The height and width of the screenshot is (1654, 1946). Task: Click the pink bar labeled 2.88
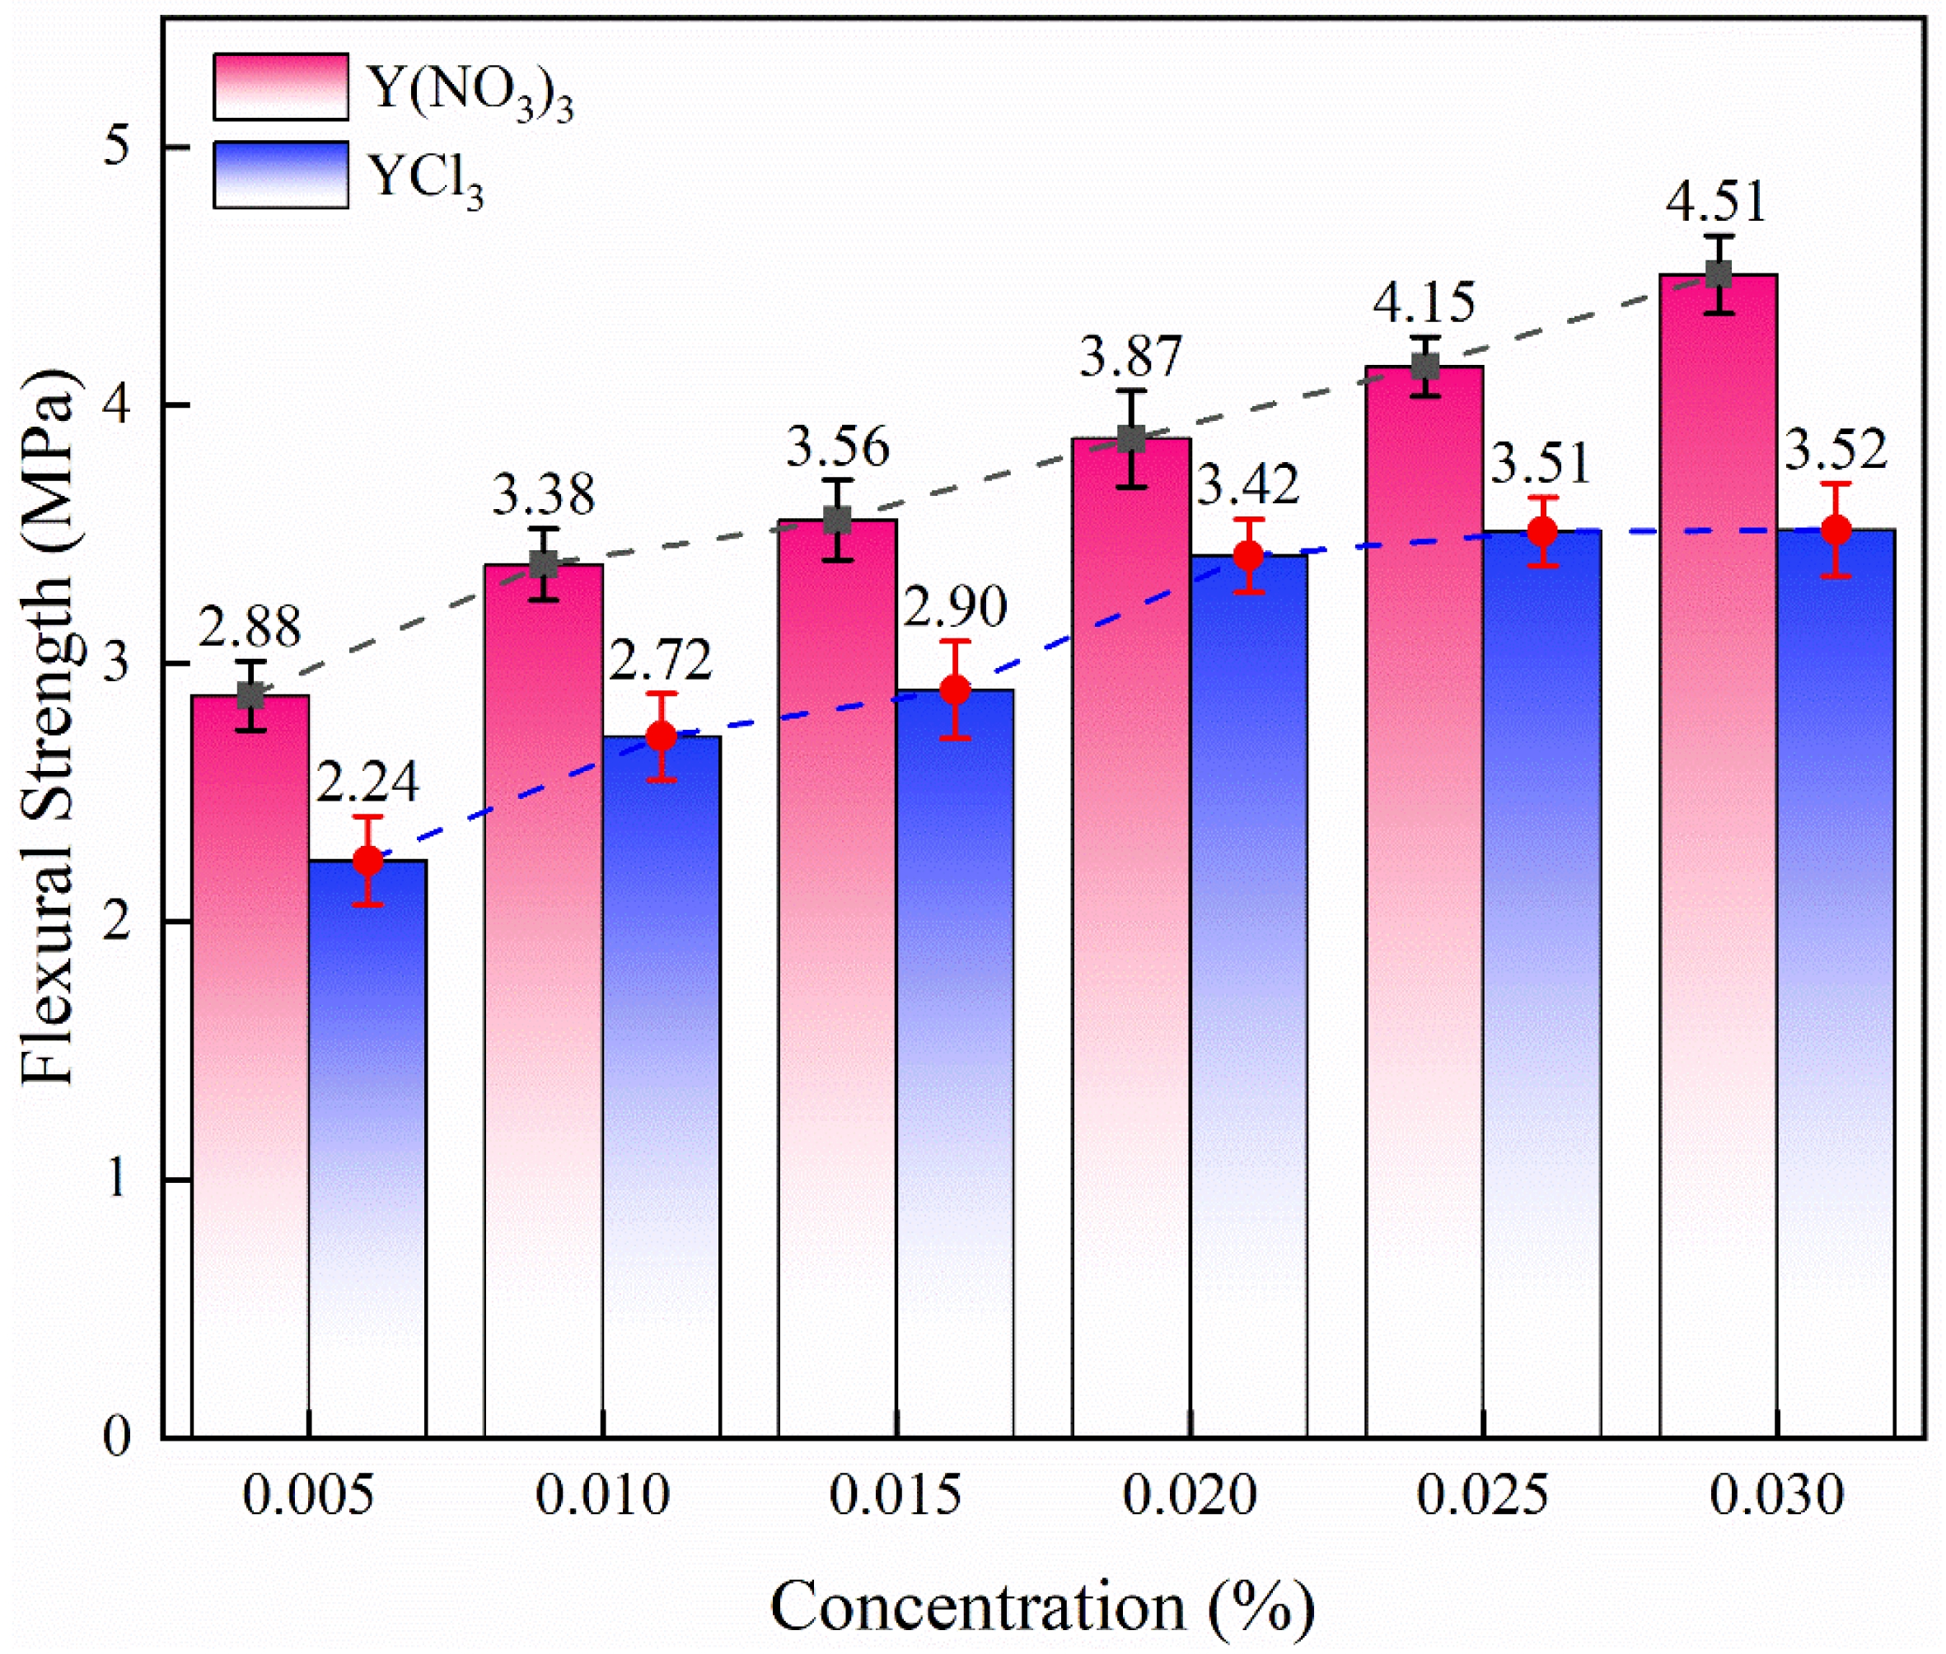tap(250, 1069)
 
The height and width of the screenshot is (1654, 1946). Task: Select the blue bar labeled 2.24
tap(367, 1153)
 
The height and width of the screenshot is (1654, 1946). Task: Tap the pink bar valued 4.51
tap(1718, 862)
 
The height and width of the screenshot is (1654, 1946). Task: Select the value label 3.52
tap(1835, 451)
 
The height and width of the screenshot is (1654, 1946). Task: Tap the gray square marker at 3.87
tap(1132, 439)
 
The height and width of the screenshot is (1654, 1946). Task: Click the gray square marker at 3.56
tap(838, 521)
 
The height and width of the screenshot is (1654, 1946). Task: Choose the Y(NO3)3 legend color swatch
tap(280, 87)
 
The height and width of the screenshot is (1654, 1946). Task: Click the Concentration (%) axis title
tap(1042, 1606)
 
